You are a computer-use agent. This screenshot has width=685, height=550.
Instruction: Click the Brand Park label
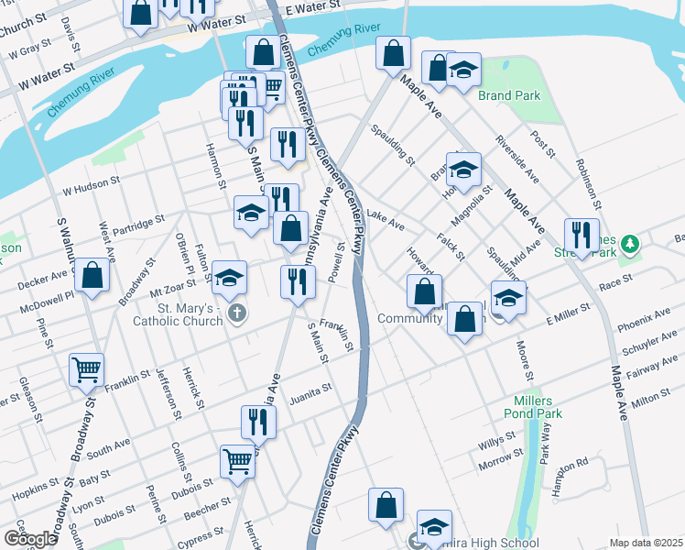(x=508, y=95)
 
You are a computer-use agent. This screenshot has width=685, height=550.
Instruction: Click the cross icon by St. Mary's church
(x=236, y=314)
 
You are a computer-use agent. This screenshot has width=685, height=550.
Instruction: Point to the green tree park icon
(x=628, y=244)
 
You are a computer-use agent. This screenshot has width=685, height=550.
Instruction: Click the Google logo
(x=30, y=539)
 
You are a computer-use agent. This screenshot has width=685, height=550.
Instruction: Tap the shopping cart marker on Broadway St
(x=86, y=369)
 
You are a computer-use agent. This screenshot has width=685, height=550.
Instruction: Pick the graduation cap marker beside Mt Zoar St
(x=230, y=276)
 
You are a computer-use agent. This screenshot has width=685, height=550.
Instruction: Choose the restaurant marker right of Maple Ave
(x=581, y=234)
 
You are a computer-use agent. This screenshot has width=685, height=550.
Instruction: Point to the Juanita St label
(x=310, y=390)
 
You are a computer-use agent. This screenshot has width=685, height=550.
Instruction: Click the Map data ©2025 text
(x=645, y=543)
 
